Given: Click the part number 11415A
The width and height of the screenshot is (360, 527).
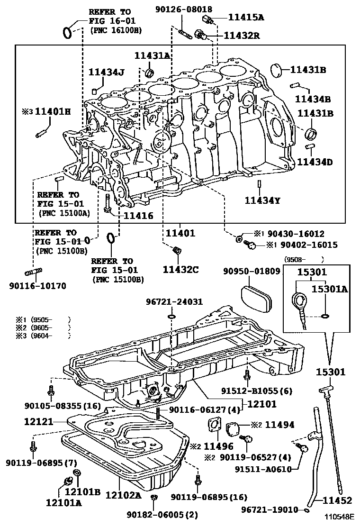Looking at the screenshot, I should [x=246, y=18].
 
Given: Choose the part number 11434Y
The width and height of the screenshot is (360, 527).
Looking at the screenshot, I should [x=262, y=200].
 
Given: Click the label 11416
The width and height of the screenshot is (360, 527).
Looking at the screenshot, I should [x=138, y=216].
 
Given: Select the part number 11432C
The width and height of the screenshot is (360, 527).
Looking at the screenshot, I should [x=180, y=270].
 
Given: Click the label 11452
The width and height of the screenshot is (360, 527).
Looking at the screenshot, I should [x=338, y=500].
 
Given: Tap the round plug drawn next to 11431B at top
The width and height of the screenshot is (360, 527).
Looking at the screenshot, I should [x=281, y=70].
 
